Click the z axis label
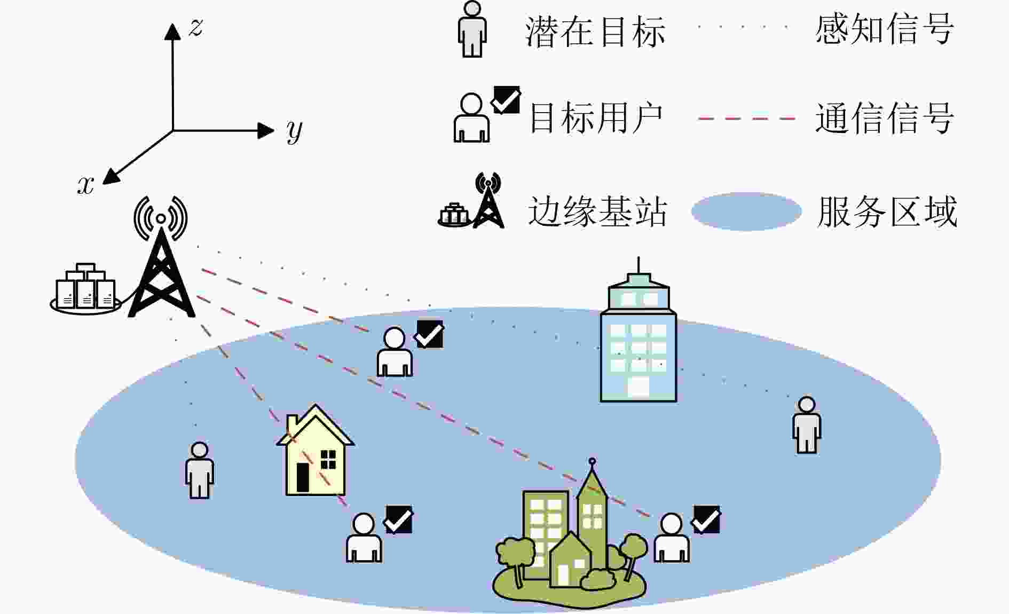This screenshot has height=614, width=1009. tap(196, 27)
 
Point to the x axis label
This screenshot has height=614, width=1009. tap(86, 185)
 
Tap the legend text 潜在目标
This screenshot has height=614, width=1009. tap(595, 32)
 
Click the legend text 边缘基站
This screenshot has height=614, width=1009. tap(597, 211)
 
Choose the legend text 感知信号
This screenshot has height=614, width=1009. tap(885, 29)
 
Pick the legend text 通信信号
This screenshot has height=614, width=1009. tap(885, 118)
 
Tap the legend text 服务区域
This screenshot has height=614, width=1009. tap(887, 211)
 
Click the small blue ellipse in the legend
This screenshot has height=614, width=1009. tap(746, 211)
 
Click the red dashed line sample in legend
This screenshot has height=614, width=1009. tap(747, 118)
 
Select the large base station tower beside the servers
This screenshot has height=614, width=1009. tap(161, 257)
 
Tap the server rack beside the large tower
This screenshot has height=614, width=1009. tap(86, 288)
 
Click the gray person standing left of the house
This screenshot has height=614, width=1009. tap(200, 470)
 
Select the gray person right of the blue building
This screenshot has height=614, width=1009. tap(807, 425)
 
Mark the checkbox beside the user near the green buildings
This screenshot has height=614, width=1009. tap(706, 519)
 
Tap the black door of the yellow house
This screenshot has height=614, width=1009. tap(303, 477)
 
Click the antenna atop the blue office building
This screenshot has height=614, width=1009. tap(639, 265)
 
